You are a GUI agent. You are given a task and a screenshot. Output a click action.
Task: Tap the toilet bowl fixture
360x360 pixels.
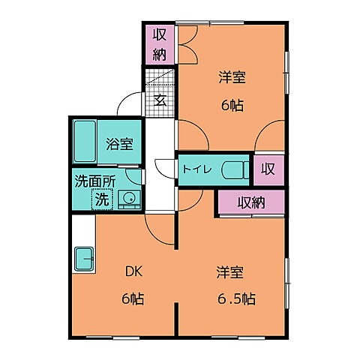(x=235, y=169)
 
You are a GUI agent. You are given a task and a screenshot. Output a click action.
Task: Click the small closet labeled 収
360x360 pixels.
(x=268, y=169)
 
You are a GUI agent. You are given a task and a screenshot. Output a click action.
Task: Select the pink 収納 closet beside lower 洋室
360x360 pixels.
(x=251, y=202)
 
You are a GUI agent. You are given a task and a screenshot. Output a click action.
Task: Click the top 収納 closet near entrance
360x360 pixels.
(x=160, y=44)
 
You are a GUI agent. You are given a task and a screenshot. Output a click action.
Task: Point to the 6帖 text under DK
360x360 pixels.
(x=133, y=298)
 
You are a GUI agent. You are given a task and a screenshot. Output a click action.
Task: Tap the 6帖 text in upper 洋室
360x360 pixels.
(x=232, y=105)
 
